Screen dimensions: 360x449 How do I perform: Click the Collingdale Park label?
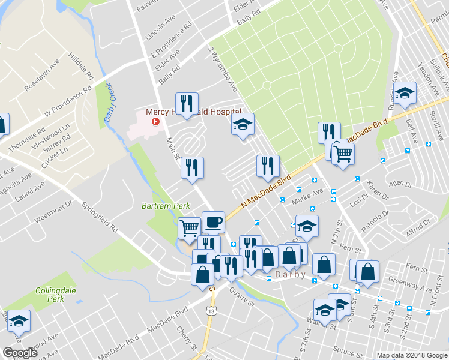(x=49, y=294)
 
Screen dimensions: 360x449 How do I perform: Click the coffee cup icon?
(x=213, y=223)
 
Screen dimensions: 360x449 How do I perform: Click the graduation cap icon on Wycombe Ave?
(x=243, y=124)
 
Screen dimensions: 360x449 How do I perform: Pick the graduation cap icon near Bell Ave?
(x=405, y=93)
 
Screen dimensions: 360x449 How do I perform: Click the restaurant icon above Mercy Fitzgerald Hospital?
(x=187, y=103)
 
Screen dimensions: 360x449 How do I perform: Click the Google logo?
(x=20, y=353)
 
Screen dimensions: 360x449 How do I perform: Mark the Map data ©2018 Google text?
(x=411, y=355)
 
